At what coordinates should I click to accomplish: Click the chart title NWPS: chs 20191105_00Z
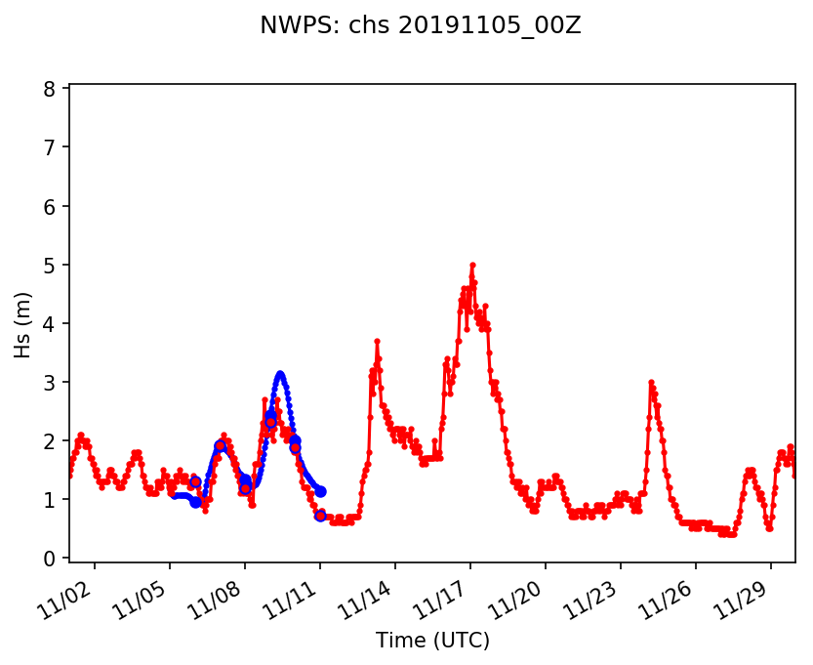[420, 26]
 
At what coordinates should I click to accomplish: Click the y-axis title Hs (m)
[23, 324]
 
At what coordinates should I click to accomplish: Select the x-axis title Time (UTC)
[432, 641]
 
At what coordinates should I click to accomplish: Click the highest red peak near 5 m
[472, 265]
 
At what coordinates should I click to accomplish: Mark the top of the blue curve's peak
[280, 374]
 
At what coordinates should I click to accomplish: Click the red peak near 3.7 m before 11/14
[377, 341]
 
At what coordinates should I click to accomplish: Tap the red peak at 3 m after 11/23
[651, 382]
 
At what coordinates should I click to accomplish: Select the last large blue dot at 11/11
[320, 491]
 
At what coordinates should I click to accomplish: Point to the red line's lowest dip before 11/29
[769, 528]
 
